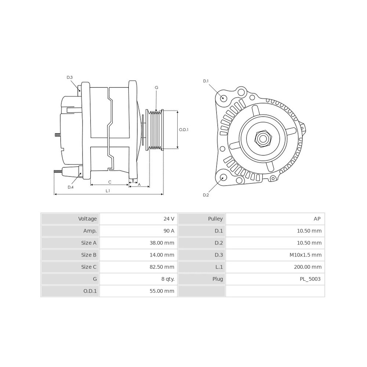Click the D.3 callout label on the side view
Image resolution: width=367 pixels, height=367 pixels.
click(x=69, y=77)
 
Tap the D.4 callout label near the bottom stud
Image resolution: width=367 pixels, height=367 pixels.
click(x=70, y=187)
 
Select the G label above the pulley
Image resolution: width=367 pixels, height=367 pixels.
click(x=157, y=88)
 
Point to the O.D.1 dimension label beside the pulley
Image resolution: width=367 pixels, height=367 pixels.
click(x=183, y=130)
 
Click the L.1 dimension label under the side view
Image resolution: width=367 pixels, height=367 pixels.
click(x=108, y=191)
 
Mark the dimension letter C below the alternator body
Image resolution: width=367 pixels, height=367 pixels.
click(x=109, y=182)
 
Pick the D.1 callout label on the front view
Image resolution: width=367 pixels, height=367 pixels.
click(x=206, y=81)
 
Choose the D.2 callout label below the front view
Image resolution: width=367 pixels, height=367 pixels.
click(x=206, y=195)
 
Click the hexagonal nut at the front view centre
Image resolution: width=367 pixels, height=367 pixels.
click(x=263, y=138)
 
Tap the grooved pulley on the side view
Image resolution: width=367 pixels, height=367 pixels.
click(x=155, y=130)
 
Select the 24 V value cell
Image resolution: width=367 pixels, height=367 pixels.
click(x=169, y=219)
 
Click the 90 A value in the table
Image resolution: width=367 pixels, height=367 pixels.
click(x=169, y=231)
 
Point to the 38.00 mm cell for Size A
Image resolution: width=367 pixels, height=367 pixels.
click(x=162, y=243)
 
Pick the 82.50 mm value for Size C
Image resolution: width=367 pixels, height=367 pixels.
click(x=162, y=267)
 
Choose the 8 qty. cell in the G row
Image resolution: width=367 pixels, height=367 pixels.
click(x=168, y=279)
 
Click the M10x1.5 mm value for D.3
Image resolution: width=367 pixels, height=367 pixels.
click(x=305, y=255)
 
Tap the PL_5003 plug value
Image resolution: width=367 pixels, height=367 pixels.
click(x=310, y=279)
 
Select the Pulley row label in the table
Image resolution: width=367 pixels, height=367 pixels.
click(x=215, y=219)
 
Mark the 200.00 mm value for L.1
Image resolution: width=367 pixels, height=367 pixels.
click(x=308, y=267)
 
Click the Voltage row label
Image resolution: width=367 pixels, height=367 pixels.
click(x=87, y=219)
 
